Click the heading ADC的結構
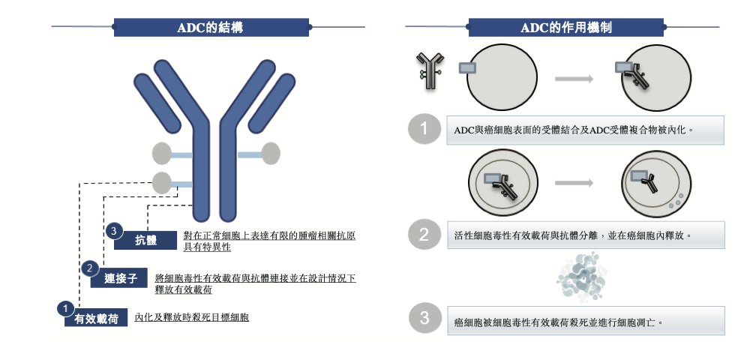[x=211, y=28]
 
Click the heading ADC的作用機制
[x=565, y=28]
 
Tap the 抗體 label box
[x=146, y=240]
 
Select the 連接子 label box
[x=120, y=278]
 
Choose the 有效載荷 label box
[x=96, y=318]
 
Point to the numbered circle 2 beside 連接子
[x=90, y=268]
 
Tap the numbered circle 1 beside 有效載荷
[x=65, y=308]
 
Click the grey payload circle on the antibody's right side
[x=271, y=154]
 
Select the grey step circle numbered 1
[x=424, y=128]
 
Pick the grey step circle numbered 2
[x=424, y=234]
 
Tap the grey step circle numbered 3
[x=424, y=319]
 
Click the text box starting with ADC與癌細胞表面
[x=586, y=130]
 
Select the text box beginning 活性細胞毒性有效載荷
[x=586, y=235]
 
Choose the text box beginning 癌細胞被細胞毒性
[x=586, y=320]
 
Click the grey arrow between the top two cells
[x=574, y=79]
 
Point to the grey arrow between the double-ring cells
[x=574, y=183]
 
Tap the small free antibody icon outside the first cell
[x=430, y=70]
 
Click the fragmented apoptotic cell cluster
[x=582, y=277]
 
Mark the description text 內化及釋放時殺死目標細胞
[x=192, y=317]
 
